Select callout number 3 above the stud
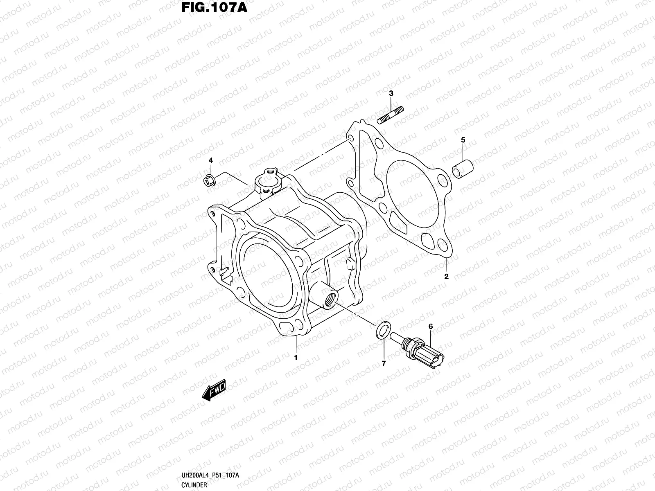point(391,94)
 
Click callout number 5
point(463,140)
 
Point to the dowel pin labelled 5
point(463,169)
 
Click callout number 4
point(211,160)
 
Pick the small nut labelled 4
point(210,180)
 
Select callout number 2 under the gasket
point(446,276)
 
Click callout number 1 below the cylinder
point(296,357)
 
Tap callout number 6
point(430,327)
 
